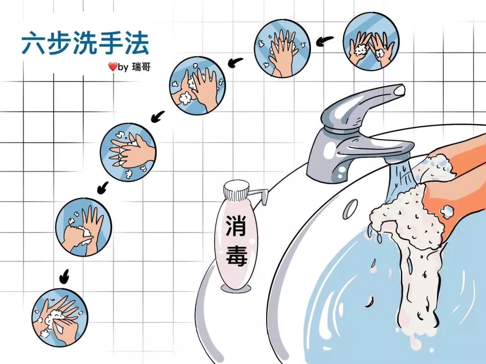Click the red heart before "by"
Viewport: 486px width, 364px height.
click(112, 67)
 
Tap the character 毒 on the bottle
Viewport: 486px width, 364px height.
click(237, 255)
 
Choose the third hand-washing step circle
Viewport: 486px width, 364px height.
click(198, 86)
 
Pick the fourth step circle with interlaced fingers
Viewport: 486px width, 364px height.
click(128, 152)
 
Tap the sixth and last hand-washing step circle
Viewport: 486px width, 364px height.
click(60, 317)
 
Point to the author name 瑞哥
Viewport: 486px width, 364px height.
click(141, 67)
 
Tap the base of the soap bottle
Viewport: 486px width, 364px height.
click(236, 288)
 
